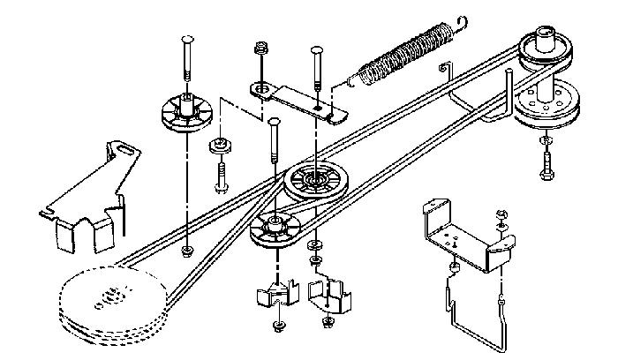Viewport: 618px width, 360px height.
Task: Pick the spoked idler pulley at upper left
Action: tap(185, 114)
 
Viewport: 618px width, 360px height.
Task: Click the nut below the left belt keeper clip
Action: tap(278, 326)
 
